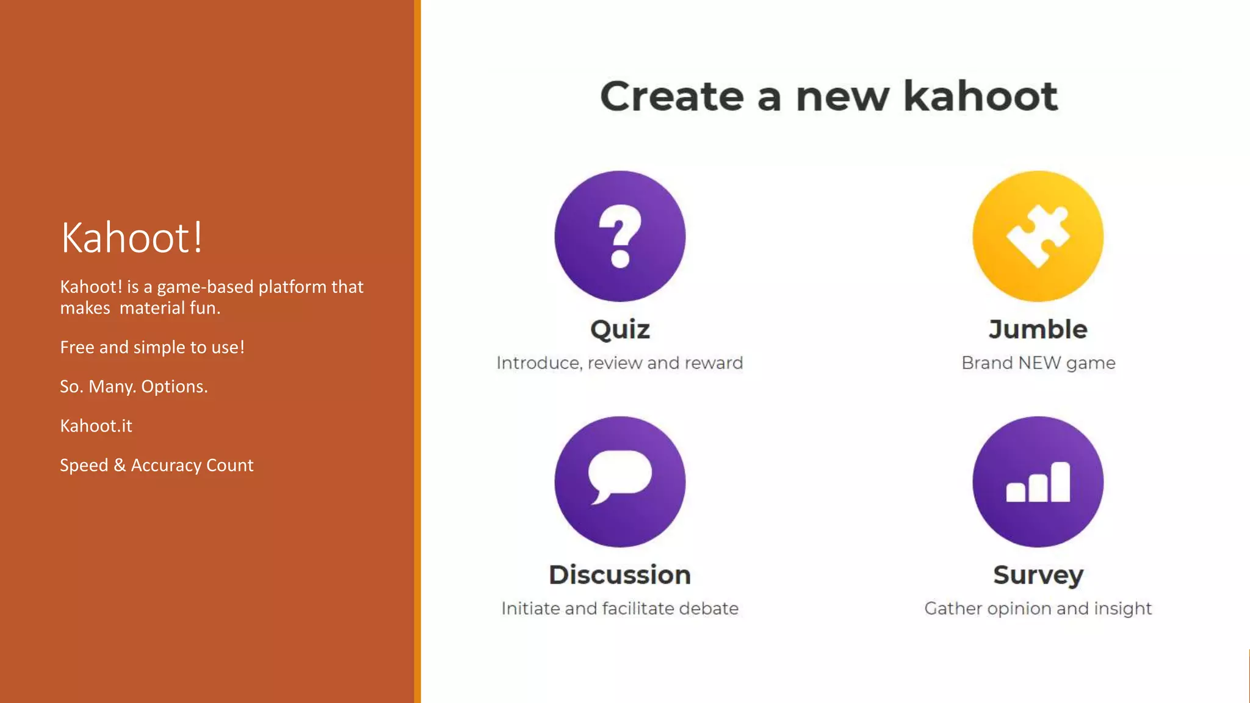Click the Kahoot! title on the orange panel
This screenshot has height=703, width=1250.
(132, 237)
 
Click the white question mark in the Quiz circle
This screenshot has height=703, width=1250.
(620, 236)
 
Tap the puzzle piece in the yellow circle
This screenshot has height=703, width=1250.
(1038, 236)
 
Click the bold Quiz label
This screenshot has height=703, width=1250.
(620, 330)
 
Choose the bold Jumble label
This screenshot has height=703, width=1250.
(1038, 330)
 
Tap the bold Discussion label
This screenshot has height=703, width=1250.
(620, 575)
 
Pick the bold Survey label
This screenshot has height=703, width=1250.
(1038, 575)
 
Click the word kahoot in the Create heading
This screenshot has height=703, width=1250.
(980, 96)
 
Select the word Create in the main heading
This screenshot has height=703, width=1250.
(671, 96)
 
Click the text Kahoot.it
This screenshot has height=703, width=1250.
(96, 426)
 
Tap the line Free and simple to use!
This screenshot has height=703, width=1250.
(152, 347)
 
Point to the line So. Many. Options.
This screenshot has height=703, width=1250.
(134, 387)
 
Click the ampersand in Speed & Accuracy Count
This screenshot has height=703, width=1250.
(120, 465)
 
